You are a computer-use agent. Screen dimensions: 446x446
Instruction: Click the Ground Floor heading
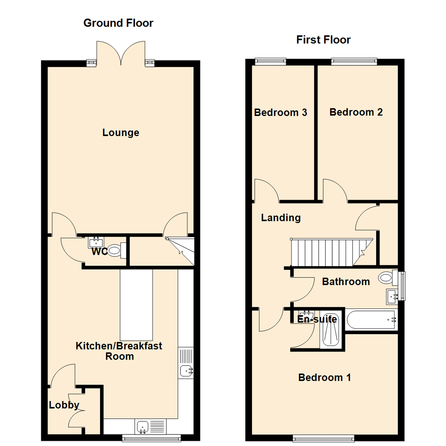pos(118,23)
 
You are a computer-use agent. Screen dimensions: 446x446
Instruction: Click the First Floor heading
pos(323,40)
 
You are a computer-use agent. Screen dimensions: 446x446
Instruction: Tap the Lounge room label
pos(121,133)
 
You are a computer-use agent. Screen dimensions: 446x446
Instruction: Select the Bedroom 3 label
pos(280,112)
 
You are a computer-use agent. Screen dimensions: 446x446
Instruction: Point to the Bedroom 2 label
pos(356,112)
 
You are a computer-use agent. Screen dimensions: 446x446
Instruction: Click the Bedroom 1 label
pos(325,377)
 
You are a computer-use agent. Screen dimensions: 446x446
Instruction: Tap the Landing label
pos(281,218)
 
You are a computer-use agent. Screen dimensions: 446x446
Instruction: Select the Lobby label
pos(64,405)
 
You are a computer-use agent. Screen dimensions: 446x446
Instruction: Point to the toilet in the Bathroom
pos(386,277)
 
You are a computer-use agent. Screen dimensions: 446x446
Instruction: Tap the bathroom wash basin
pos(392,296)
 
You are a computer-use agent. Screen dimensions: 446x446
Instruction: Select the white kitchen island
pos(136,304)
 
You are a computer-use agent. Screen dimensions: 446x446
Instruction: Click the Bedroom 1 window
pos(324,438)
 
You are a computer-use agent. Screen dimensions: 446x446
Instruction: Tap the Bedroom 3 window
pos(270,62)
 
